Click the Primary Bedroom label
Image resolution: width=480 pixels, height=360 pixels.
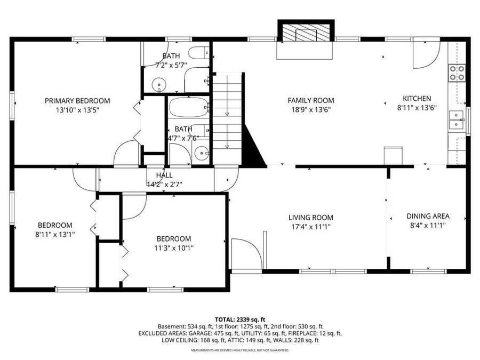(x=77, y=100)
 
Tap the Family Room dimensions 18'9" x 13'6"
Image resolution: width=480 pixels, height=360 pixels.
(x=310, y=109)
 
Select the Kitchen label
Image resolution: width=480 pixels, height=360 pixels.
(x=416, y=98)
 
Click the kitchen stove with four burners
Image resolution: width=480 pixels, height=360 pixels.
(x=457, y=73)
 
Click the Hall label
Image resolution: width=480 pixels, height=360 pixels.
(x=164, y=175)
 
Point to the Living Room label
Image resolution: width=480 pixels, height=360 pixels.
(x=310, y=217)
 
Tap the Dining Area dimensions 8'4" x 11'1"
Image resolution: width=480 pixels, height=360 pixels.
(x=428, y=225)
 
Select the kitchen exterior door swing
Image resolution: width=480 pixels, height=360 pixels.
(x=426, y=53)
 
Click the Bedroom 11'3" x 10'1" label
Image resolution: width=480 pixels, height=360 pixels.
(x=173, y=238)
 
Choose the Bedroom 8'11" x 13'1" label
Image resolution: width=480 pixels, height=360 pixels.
(x=54, y=225)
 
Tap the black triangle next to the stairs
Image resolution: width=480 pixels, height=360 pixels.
(x=254, y=147)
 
